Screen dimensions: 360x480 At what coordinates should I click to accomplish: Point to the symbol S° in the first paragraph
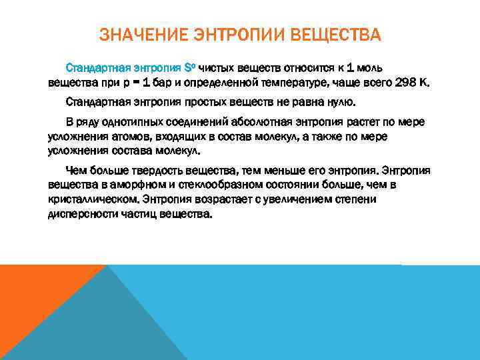click(189, 69)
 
